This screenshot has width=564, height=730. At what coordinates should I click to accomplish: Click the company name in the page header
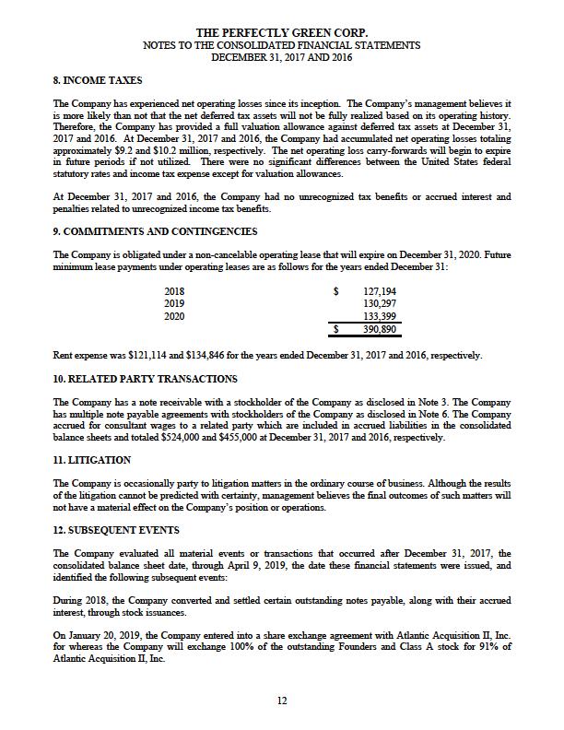(282, 33)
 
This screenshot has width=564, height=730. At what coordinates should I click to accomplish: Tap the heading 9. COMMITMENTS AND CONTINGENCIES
(155, 231)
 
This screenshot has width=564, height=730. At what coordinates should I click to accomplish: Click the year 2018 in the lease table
(173, 291)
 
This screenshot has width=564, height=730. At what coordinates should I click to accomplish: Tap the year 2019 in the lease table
(173, 303)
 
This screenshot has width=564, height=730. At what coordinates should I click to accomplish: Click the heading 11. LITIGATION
(93, 461)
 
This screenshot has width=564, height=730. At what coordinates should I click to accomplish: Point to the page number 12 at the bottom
(282, 701)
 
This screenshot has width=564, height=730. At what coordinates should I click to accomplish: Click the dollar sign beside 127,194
(335, 291)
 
